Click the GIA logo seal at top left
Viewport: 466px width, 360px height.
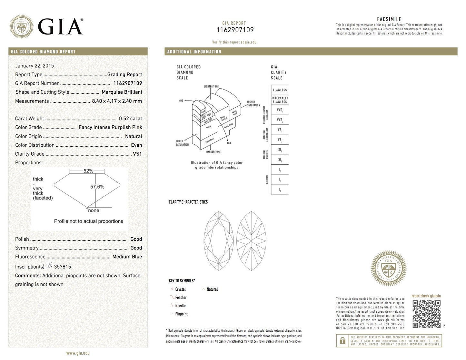tap(22, 27)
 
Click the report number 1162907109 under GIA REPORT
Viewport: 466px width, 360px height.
tap(235, 30)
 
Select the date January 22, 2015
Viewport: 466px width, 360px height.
tap(35, 66)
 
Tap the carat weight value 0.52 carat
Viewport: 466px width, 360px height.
tap(130, 119)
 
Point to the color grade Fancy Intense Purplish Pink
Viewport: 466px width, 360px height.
tap(110, 127)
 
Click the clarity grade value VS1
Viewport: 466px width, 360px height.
tap(137, 154)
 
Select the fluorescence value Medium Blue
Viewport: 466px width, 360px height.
tap(127, 257)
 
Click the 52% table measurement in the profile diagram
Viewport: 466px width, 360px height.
tap(88, 171)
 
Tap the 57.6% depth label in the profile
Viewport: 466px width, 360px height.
tap(97, 187)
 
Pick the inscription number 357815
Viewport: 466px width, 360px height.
tap(63, 267)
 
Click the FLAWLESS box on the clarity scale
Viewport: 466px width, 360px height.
tap(280, 90)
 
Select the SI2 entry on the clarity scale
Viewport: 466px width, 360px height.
tap(280, 160)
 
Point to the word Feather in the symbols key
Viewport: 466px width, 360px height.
tap(181, 297)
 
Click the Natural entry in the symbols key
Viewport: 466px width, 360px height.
tap(212, 289)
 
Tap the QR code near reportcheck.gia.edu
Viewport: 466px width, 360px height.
tap(426, 314)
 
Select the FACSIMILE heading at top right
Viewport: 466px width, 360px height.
tap(389, 19)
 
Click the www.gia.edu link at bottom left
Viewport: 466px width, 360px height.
tap(78, 353)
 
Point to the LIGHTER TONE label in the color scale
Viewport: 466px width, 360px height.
tap(211, 86)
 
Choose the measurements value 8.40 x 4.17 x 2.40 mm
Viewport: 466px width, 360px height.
tap(117, 101)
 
